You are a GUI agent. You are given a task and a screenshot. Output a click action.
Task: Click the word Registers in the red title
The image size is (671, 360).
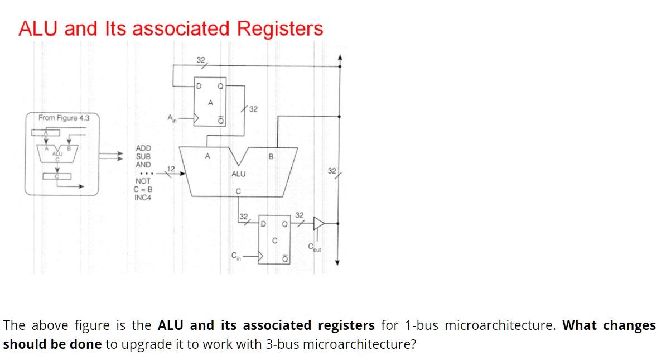(x=280, y=28)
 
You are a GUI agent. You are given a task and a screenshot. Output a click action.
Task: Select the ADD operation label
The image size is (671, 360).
(x=143, y=148)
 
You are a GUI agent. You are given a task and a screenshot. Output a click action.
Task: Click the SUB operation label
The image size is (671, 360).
(x=143, y=156)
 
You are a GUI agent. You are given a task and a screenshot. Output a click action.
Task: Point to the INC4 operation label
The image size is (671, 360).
(x=143, y=198)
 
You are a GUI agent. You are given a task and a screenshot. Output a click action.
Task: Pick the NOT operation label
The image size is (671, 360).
(x=143, y=181)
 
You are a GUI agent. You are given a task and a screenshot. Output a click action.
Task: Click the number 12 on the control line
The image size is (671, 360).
(x=171, y=169)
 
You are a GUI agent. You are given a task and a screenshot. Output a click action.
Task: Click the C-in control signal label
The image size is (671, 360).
(x=236, y=256)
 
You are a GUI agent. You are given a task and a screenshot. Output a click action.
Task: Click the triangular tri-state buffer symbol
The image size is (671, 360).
(x=319, y=223)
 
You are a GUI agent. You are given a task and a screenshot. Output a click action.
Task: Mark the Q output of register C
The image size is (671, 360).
(x=284, y=224)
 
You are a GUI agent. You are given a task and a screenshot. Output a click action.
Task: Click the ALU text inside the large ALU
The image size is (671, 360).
(x=238, y=174)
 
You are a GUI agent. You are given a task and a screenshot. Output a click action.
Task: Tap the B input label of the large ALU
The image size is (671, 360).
(x=271, y=157)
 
